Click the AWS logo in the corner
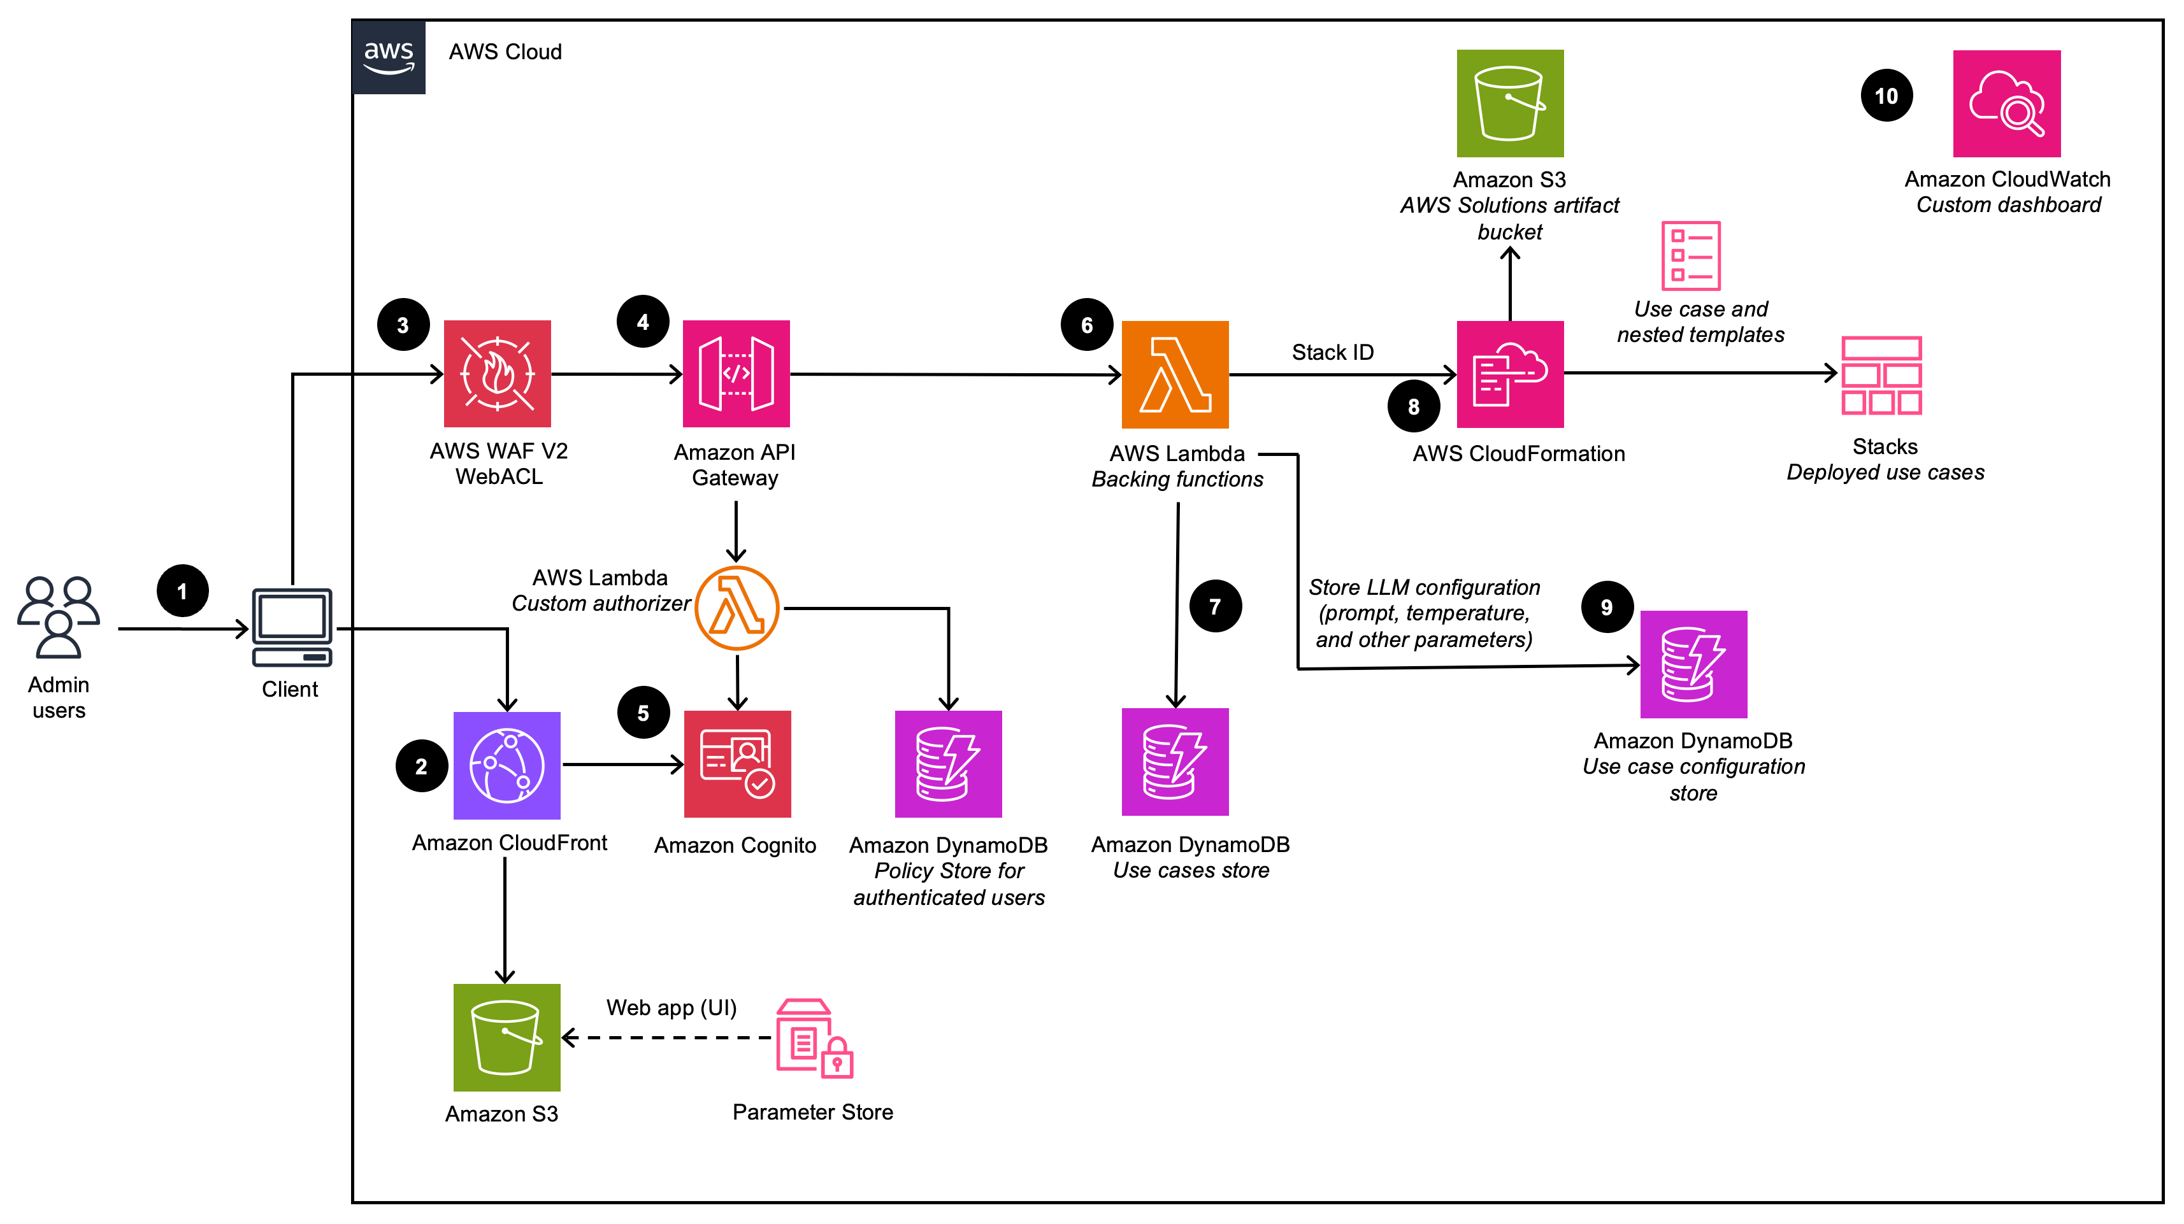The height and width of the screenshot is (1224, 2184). click(x=388, y=57)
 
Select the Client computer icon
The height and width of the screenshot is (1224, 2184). click(x=292, y=627)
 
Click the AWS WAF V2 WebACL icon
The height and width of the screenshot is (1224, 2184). click(x=497, y=374)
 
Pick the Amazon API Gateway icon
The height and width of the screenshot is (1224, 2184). click(x=736, y=374)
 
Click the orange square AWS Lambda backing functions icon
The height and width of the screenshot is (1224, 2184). click(x=1174, y=374)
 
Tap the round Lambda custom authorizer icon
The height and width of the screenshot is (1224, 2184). click(x=736, y=608)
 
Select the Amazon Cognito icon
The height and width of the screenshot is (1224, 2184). click(x=736, y=764)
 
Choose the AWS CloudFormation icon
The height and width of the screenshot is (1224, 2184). click(x=1510, y=374)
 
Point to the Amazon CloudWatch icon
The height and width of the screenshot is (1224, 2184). click(x=2006, y=103)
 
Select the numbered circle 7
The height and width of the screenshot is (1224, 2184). click(x=1215, y=606)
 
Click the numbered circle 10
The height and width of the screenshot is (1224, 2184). click(x=1886, y=96)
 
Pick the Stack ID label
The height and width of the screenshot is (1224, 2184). click(x=1332, y=352)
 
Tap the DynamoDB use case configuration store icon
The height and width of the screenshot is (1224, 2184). click(x=1693, y=664)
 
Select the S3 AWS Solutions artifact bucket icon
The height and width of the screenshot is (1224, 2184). click(x=1510, y=103)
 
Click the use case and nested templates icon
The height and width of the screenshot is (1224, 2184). click(x=1691, y=255)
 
